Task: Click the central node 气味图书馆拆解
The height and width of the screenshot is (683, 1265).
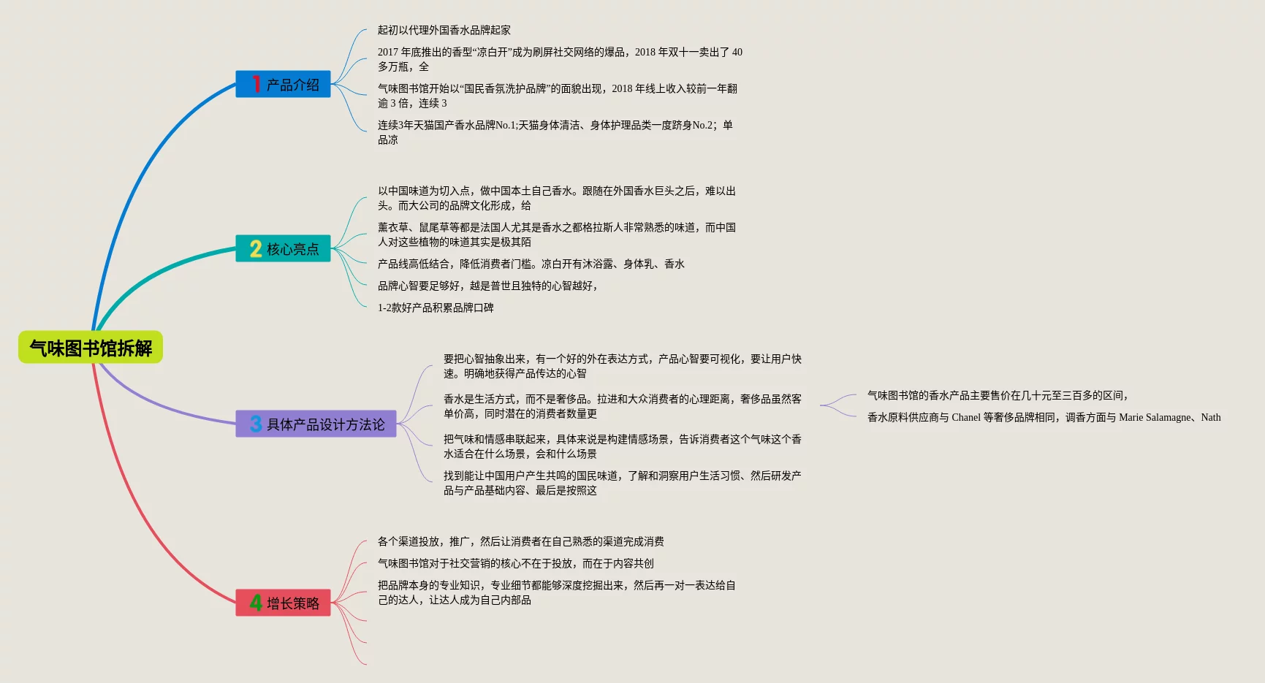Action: click(x=91, y=348)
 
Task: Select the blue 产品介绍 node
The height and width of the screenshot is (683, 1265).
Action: click(x=284, y=85)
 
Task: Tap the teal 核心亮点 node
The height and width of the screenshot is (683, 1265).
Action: click(x=284, y=249)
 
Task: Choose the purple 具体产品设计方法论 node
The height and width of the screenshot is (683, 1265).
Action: click(x=316, y=424)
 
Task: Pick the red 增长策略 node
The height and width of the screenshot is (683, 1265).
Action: click(x=284, y=603)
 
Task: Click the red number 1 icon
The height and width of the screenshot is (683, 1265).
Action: click(x=256, y=85)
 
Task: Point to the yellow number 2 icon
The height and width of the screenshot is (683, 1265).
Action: click(x=256, y=249)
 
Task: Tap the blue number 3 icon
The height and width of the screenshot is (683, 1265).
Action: click(x=256, y=424)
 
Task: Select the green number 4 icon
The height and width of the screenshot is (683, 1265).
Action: click(x=256, y=603)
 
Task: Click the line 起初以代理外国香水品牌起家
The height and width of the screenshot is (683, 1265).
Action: click(x=444, y=30)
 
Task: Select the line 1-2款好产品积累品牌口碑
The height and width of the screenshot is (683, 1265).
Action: click(x=436, y=308)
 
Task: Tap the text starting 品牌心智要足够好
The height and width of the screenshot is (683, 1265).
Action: click(x=488, y=286)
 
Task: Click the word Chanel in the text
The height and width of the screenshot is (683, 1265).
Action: click(x=965, y=417)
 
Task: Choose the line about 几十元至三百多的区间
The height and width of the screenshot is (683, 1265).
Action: click(x=998, y=395)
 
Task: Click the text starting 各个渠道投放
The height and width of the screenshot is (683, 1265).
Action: click(x=520, y=541)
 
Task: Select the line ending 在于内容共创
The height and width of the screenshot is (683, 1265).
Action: click(x=516, y=563)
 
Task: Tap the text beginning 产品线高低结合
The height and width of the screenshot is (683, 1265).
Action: click(x=531, y=264)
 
